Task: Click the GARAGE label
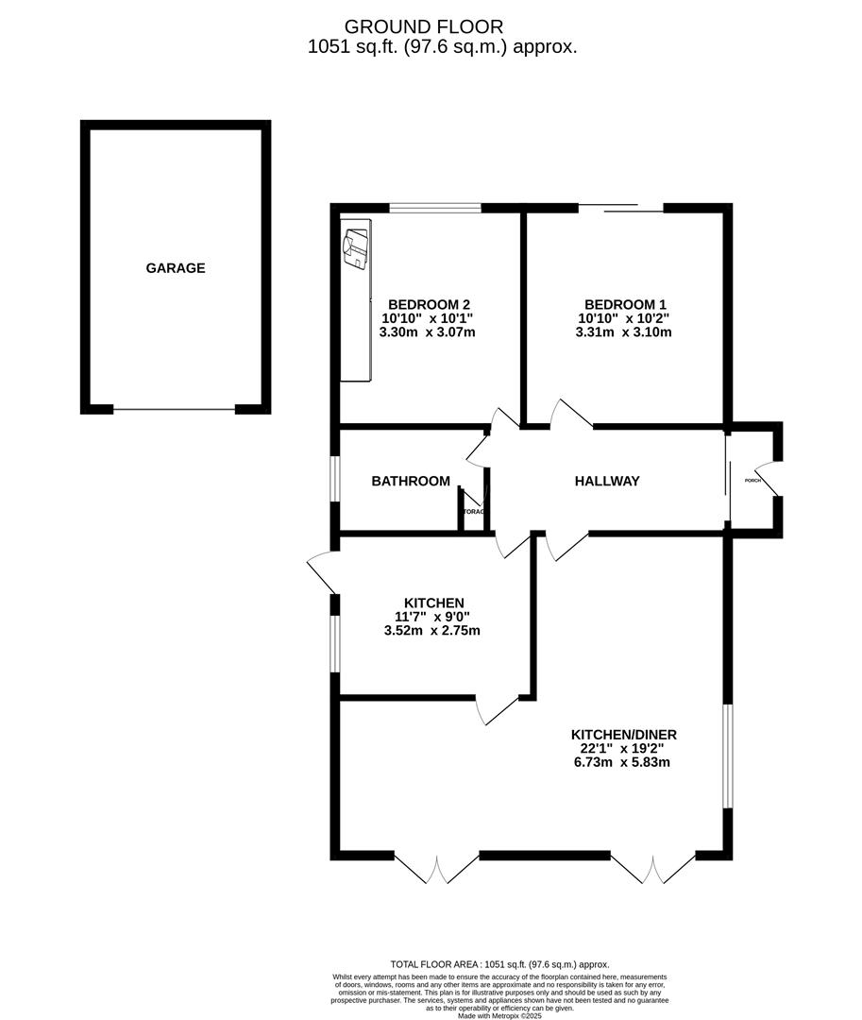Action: point(175,268)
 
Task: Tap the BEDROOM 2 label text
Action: point(430,304)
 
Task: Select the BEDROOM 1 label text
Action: point(625,304)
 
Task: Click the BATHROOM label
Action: point(410,482)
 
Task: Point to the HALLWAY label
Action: point(607,482)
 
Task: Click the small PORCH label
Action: point(752,481)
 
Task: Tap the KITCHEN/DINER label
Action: point(623,735)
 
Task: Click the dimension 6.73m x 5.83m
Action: point(623,762)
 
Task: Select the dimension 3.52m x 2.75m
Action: point(433,631)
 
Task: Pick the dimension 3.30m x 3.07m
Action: point(427,332)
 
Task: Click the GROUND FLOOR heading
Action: point(424,26)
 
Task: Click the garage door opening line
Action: point(174,409)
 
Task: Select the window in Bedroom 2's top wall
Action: point(434,208)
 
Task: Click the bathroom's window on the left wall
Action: point(334,478)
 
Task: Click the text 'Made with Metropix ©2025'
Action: point(499,1015)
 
